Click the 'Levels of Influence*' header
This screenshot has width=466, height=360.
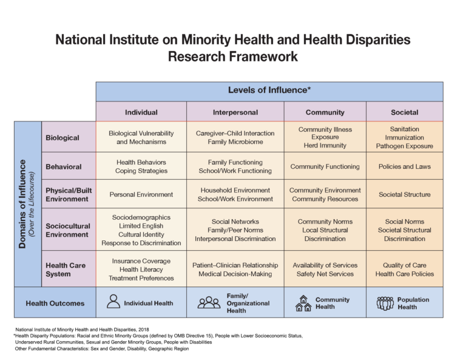point(269,90)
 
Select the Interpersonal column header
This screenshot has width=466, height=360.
point(235,112)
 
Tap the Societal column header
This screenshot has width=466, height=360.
point(404,112)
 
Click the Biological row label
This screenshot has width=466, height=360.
point(62,138)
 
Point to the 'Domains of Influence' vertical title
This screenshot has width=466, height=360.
point(24,203)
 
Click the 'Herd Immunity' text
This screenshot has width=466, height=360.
point(325,146)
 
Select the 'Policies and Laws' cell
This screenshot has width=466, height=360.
point(404,166)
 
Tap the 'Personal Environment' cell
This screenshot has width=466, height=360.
point(141,195)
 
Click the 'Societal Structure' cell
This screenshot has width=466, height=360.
point(404,195)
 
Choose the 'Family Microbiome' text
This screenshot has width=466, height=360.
point(235,142)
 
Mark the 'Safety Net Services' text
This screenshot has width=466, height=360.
point(325,274)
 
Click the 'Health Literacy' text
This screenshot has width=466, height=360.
point(141,270)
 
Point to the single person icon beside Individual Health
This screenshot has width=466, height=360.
point(113,302)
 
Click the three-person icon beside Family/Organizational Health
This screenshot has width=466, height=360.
point(209,302)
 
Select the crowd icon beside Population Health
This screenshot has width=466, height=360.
point(385,303)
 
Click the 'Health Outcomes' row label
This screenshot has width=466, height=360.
point(55,303)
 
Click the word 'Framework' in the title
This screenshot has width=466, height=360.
point(264,57)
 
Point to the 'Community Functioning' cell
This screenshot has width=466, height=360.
point(325,166)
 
